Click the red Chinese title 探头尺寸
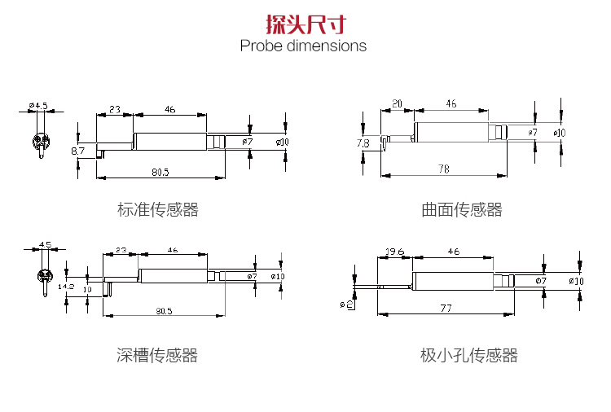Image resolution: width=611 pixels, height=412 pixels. [x=305, y=24]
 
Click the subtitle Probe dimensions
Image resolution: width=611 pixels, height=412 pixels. [x=303, y=46]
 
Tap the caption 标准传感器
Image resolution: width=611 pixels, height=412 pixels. [x=158, y=209]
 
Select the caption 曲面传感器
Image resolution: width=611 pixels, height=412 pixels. [x=462, y=209]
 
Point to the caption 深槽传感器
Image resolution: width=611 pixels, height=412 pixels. [x=157, y=355]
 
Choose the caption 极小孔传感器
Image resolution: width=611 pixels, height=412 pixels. [x=468, y=355]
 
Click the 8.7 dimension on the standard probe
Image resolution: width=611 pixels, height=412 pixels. [x=77, y=151]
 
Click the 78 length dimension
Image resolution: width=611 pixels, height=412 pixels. [x=443, y=169]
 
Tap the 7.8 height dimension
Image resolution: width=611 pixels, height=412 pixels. [x=363, y=143]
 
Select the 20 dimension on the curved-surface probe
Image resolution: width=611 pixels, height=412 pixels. [x=397, y=103]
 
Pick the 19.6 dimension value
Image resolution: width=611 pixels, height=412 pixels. [x=395, y=252]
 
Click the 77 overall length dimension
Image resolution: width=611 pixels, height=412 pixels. [x=446, y=309]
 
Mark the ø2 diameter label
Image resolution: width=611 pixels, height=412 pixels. [x=346, y=305]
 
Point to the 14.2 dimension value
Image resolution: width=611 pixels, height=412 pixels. [x=65, y=287]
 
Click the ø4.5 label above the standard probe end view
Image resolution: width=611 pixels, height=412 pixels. [x=38, y=106]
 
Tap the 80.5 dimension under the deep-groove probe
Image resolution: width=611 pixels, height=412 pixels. [x=164, y=311]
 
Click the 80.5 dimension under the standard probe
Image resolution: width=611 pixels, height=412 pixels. [x=160, y=172]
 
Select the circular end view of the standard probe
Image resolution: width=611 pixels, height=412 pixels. [x=41, y=141]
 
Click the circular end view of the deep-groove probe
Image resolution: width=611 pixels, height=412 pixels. [x=45, y=276]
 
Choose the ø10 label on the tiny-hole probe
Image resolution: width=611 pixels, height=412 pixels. [x=576, y=281]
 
